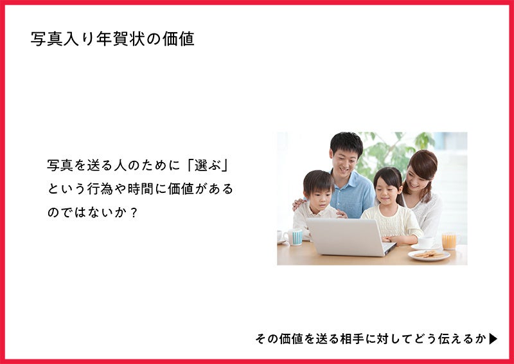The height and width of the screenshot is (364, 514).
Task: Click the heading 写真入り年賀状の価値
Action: point(112,39)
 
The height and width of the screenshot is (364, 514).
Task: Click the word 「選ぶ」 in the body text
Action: point(206,165)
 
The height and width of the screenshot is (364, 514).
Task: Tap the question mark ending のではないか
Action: point(134,213)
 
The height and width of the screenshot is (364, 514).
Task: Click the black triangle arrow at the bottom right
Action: point(493,339)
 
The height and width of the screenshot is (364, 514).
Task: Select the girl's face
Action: point(388,192)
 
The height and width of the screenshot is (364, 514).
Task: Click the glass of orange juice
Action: point(449,241)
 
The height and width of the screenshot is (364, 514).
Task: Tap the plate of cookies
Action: point(429,255)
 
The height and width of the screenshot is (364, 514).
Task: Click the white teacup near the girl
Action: point(425,242)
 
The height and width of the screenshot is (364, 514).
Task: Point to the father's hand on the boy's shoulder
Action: point(298,204)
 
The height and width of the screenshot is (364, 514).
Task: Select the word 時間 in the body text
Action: point(140,188)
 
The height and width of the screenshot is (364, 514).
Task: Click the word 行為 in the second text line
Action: point(100,188)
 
